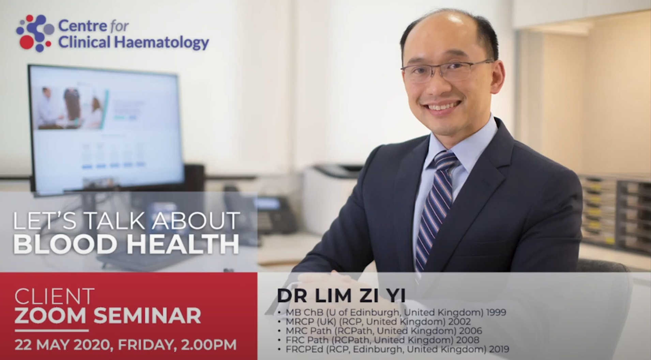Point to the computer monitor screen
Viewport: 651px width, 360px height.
pyautogui.click(x=106, y=130)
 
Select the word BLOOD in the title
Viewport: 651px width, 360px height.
pyautogui.click(x=65, y=244)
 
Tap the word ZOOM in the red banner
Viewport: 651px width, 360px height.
pyautogui.click(x=50, y=315)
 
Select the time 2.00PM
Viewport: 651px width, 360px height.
pyautogui.click(x=209, y=344)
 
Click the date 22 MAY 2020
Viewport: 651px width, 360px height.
pyautogui.click(x=62, y=344)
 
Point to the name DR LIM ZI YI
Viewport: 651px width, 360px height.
pyautogui.click(x=341, y=296)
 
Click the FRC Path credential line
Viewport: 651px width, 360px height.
pyautogui.click(x=382, y=340)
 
